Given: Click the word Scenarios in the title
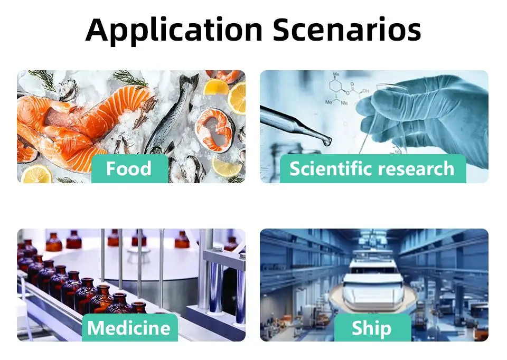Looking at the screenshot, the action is point(347,30).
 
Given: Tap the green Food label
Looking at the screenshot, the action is point(130,169).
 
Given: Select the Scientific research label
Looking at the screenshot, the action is point(373,169).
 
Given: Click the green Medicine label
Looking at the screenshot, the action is point(130,327).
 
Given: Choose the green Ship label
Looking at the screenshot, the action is point(372,327).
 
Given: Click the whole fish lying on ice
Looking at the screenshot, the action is point(171,116).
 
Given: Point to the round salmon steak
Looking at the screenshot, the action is point(215,130).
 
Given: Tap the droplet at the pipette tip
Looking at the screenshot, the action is point(326,141).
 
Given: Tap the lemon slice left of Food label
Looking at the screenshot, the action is point(36,175).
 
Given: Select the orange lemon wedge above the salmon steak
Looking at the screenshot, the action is point(216,87).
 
